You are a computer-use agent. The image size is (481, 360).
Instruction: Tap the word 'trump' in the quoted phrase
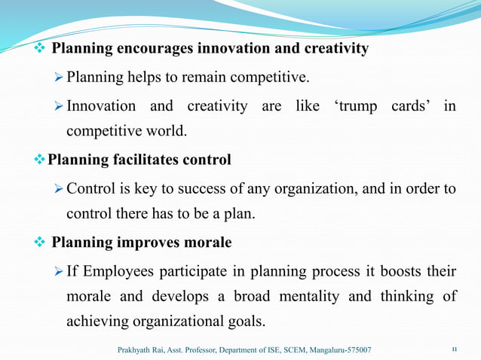click(358, 106)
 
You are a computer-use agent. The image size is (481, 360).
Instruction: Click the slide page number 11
click(454, 349)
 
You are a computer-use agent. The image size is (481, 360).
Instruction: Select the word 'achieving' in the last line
click(97, 322)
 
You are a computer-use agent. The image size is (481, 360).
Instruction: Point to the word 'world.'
click(164, 132)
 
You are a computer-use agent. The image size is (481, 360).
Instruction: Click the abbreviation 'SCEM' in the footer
click(282, 349)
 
